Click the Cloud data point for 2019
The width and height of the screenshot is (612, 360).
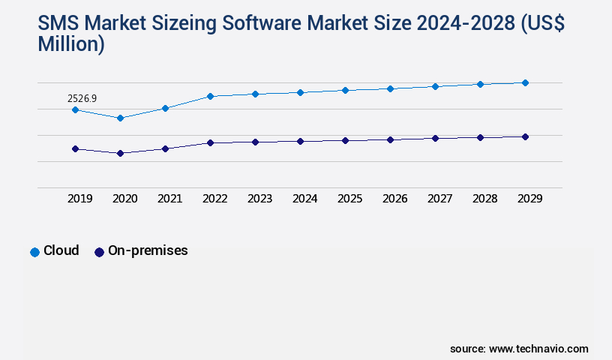[x=75, y=109]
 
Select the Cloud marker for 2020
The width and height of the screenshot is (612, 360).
[x=120, y=118]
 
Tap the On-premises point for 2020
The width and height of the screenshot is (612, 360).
[x=120, y=153]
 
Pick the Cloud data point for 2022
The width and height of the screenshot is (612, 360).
[x=210, y=96]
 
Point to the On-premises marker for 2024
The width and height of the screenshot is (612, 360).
[x=300, y=141]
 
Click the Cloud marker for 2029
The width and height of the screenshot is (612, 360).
[x=525, y=82]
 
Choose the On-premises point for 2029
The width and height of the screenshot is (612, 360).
[x=525, y=136]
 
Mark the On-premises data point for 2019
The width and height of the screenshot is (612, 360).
[x=75, y=148]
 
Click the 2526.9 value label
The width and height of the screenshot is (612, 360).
[x=82, y=98]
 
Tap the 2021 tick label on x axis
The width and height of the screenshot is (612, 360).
[x=169, y=199]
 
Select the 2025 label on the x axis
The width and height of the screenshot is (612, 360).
[x=349, y=199]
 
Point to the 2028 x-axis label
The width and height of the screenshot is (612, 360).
[x=484, y=199]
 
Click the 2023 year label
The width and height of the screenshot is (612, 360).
[x=259, y=199]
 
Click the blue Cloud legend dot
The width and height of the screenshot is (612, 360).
[x=34, y=252]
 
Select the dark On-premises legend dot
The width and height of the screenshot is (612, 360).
[x=99, y=252]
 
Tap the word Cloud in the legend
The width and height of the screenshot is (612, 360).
[x=61, y=250]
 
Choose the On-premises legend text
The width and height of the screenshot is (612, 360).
[x=148, y=250]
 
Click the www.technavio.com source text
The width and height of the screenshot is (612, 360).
[x=538, y=349]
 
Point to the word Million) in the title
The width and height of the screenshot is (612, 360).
[x=71, y=44]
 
